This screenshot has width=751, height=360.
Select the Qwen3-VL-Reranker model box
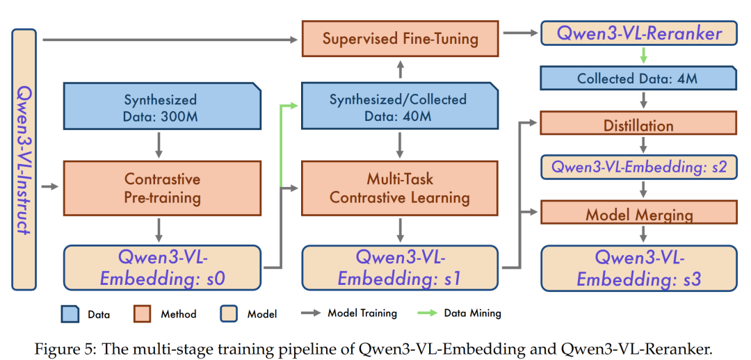point(638,33)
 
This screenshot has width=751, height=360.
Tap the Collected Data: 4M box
point(638,79)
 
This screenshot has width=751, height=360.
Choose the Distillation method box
point(638,125)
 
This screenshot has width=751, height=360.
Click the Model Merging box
point(638,213)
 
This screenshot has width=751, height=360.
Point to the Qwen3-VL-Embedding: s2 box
point(638,167)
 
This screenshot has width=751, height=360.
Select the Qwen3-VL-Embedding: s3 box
point(638,268)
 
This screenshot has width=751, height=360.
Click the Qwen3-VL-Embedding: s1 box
point(400,268)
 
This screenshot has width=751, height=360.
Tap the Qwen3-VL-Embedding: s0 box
point(161,268)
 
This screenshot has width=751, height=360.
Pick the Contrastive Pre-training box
point(161,187)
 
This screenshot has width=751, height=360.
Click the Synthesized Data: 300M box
point(161,108)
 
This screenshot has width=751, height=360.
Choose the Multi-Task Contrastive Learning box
point(400,187)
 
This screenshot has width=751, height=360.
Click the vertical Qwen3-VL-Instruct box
point(24,159)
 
